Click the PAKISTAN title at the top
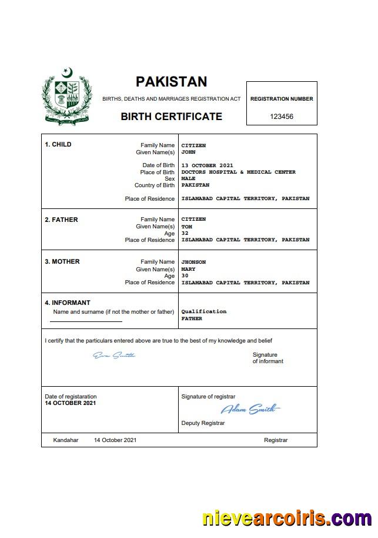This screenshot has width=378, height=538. tap(171, 81)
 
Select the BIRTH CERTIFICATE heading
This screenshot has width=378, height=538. tap(171, 117)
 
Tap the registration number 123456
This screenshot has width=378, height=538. tap(282, 117)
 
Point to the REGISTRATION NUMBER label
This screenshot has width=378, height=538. tap(282, 99)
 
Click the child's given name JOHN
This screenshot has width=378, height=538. tap(188, 152)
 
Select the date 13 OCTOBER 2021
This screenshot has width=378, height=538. tap(207, 165)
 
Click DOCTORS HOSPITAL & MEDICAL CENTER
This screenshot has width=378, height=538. tap(238, 172)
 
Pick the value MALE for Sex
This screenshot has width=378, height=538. tap(188, 178)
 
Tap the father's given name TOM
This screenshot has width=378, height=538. tap(186, 227)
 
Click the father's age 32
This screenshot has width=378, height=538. tap(185, 233)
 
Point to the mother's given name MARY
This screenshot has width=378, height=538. tap(188, 269)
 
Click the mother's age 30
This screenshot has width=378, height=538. tap(185, 275)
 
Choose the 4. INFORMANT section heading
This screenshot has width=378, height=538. tap(68, 303)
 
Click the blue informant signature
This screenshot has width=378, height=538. tap(114, 355)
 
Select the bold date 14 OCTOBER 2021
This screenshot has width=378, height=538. tap(70, 403)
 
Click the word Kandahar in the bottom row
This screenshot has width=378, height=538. tap(65, 440)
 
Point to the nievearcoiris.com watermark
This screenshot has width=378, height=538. tap(287, 519)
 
